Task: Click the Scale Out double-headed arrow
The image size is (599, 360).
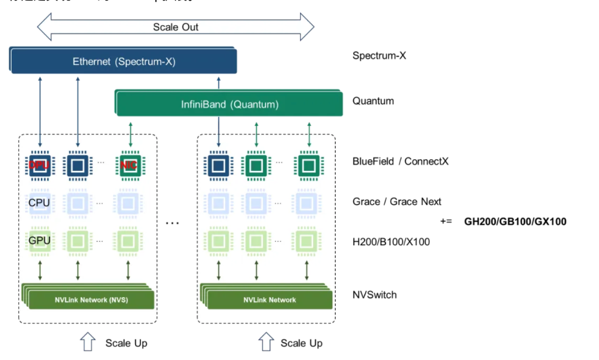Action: click(x=175, y=27)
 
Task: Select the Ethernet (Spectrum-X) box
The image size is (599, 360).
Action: click(x=123, y=61)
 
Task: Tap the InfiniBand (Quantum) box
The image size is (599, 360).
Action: click(x=229, y=105)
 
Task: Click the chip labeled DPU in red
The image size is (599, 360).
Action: click(x=40, y=166)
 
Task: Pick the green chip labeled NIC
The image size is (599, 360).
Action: click(x=130, y=166)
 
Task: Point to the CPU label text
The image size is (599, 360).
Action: click(x=39, y=203)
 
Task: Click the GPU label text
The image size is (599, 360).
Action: click(x=39, y=240)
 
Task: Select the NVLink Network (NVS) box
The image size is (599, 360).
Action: click(x=91, y=300)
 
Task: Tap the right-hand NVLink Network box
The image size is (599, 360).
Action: click(x=269, y=300)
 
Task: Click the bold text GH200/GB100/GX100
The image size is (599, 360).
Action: click(x=515, y=222)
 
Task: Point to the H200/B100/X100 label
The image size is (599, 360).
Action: click(x=391, y=241)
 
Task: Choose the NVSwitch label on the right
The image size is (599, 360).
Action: click(x=374, y=294)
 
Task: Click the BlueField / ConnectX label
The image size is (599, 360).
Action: click(x=400, y=161)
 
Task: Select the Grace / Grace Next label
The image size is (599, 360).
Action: click(x=397, y=201)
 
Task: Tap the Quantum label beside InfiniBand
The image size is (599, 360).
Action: click(x=373, y=101)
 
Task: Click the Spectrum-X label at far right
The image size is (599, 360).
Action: click(x=379, y=56)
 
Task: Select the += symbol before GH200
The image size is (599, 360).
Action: click(x=447, y=222)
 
